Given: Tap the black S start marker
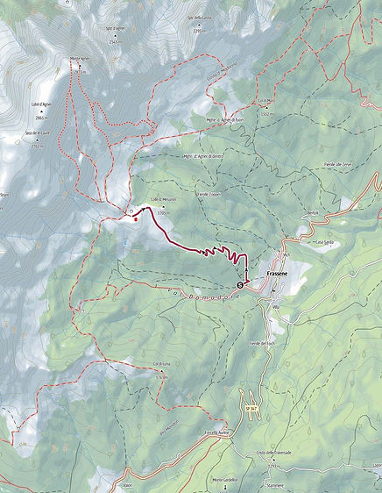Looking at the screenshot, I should tap(240, 285).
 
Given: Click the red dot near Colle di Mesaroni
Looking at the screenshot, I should tap(136, 218).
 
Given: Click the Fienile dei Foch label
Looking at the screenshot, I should tap(262, 340).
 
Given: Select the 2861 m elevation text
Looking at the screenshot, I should tap(41, 116).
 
